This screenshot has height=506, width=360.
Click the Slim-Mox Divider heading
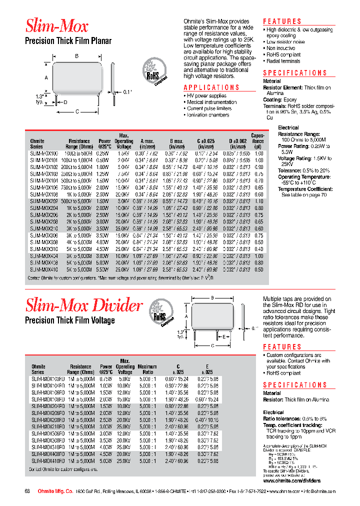click(x=83, y=305)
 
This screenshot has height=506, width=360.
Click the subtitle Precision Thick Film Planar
click(x=68, y=40)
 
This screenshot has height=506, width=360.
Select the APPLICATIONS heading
click(x=212, y=87)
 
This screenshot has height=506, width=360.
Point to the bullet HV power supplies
click(x=206, y=95)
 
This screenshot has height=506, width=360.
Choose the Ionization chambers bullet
click(x=208, y=115)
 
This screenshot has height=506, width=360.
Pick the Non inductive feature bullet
click(x=281, y=48)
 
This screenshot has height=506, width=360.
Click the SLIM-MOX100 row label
click(x=44, y=153)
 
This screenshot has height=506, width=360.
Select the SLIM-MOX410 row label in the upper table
click(x=44, y=269)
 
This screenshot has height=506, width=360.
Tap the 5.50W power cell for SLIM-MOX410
click(x=102, y=269)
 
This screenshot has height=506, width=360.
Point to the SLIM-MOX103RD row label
click(x=46, y=378)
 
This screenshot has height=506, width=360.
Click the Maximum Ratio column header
click(x=147, y=369)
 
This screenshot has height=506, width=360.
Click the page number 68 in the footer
click(x=28, y=491)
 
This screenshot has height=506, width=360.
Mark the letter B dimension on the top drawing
click(x=76, y=56)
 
